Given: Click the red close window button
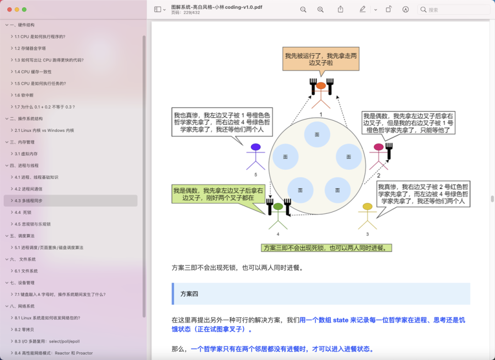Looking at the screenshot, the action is (8, 9).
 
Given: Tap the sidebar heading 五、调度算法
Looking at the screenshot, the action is (22, 236).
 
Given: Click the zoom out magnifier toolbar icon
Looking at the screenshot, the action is (303, 10).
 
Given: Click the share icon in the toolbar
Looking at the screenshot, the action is (341, 10).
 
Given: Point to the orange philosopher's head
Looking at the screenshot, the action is (321, 86).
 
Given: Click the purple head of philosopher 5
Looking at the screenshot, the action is (256, 147).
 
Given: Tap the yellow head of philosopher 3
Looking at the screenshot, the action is (367, 207).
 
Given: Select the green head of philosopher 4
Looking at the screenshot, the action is (278, 207).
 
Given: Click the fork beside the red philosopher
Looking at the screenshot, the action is (390, 151).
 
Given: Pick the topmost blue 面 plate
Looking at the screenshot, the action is (317, 134).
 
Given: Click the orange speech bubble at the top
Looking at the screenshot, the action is (320, 59).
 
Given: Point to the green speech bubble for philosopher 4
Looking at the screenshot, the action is (219, 194).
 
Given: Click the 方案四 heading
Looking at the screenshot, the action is (189, 294).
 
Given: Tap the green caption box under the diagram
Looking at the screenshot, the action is (327, 248).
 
